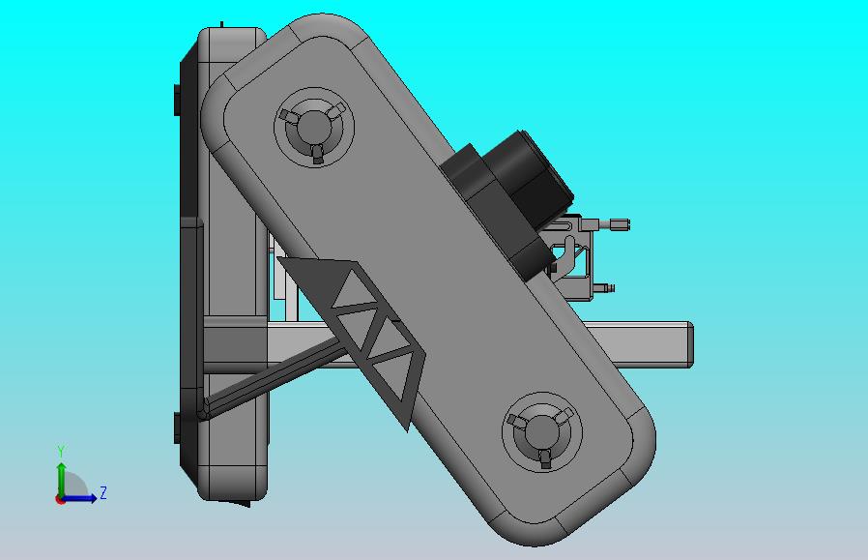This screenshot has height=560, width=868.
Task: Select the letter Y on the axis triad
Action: click(x=61, y=452)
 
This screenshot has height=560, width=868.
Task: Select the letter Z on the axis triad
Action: click(x=103, y=493)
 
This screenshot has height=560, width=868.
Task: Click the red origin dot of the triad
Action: click(x=61, y=499)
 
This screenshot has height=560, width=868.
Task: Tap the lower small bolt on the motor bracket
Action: click(x=603, y=287)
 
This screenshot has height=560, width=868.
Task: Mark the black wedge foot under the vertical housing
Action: click(x=238, y=502)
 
